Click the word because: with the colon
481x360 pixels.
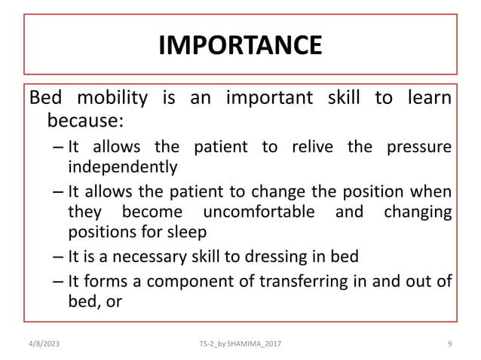click(x=84, y=121)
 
